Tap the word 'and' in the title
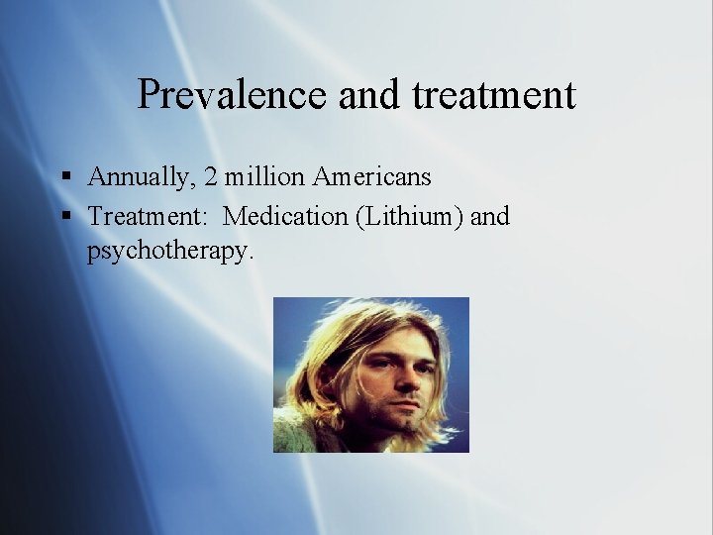(x=370, y=95)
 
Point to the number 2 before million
(x=211, y=177)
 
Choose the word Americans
(x=372, y=177)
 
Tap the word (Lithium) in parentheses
(x=406, y=216)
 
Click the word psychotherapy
(x=170, y=252)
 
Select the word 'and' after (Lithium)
(x=489, y=216)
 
